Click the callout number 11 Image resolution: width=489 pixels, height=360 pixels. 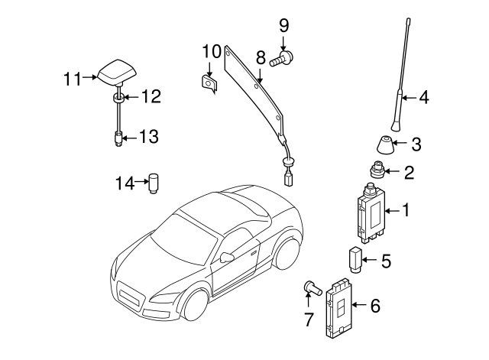pyautogui.click(x=72, y=77)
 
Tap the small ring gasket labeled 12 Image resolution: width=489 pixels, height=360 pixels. pyautogui.click(x=118, y=99)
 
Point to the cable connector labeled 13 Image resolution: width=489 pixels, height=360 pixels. pyautogui.click(x=118, y=139)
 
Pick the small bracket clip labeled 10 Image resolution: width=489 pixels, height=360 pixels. pyautogui.click(x=208, y=82)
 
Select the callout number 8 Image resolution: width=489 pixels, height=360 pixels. pyautogui.click(x=261, y=58)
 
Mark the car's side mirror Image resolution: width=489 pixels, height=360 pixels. pyautogui.click(x=227, y=257)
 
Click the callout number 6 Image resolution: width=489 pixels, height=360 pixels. pyautogui.click(x=374, y=306)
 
